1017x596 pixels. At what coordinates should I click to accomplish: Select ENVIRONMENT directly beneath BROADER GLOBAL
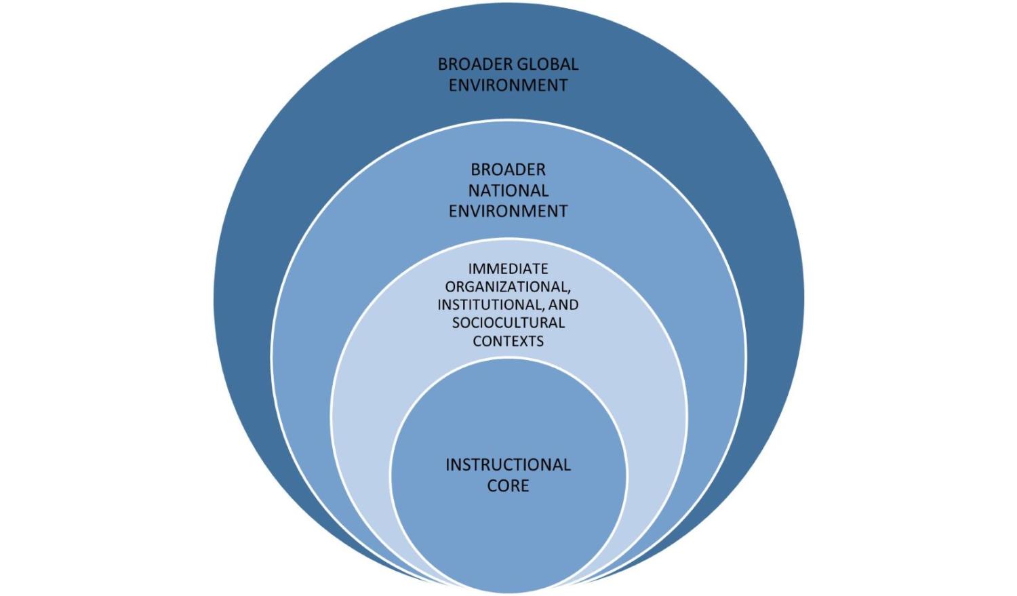(x=508, y=85)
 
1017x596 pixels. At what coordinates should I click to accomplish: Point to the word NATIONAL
(x=508, y=191)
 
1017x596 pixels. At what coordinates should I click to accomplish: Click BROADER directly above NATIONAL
(x=508, y=170)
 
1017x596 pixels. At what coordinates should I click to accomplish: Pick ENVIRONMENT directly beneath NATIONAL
(x=508, y=211)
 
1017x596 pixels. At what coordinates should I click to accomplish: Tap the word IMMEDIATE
(x=508, y=269)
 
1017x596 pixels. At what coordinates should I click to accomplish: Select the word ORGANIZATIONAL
(x=506, y=287)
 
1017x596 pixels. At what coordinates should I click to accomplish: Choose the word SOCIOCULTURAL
(x=508, y=323)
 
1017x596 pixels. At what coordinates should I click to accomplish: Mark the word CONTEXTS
(x=508, y=341)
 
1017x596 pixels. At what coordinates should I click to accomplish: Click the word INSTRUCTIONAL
(x=508, y=465)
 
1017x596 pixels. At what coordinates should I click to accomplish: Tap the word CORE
(x=508, y=485)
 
